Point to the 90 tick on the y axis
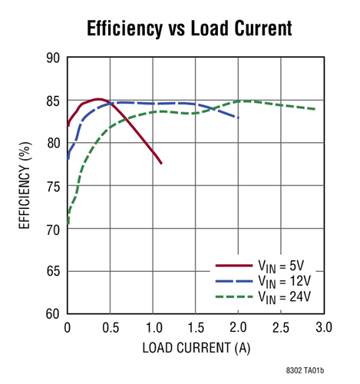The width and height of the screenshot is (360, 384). point(53,58)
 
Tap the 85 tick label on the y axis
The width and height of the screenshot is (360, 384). point(53,101)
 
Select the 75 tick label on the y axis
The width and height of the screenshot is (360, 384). point(53,186)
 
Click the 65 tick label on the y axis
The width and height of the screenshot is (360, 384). point(53,271)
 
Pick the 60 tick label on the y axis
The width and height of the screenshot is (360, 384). point(53,313)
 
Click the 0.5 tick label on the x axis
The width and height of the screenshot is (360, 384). point(111,327)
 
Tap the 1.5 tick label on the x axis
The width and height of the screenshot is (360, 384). point(196,327)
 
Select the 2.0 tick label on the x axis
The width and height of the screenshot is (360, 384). point(238,327)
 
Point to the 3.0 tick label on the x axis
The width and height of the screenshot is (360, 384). point(323,327)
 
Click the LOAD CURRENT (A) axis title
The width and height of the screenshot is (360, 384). point(195,347)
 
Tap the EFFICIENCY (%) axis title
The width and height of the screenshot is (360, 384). point(25,186)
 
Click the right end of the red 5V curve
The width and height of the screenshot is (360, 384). point(161,163)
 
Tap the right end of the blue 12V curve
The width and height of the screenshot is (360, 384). point(239,118)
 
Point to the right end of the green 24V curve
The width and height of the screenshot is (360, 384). point(315,109)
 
